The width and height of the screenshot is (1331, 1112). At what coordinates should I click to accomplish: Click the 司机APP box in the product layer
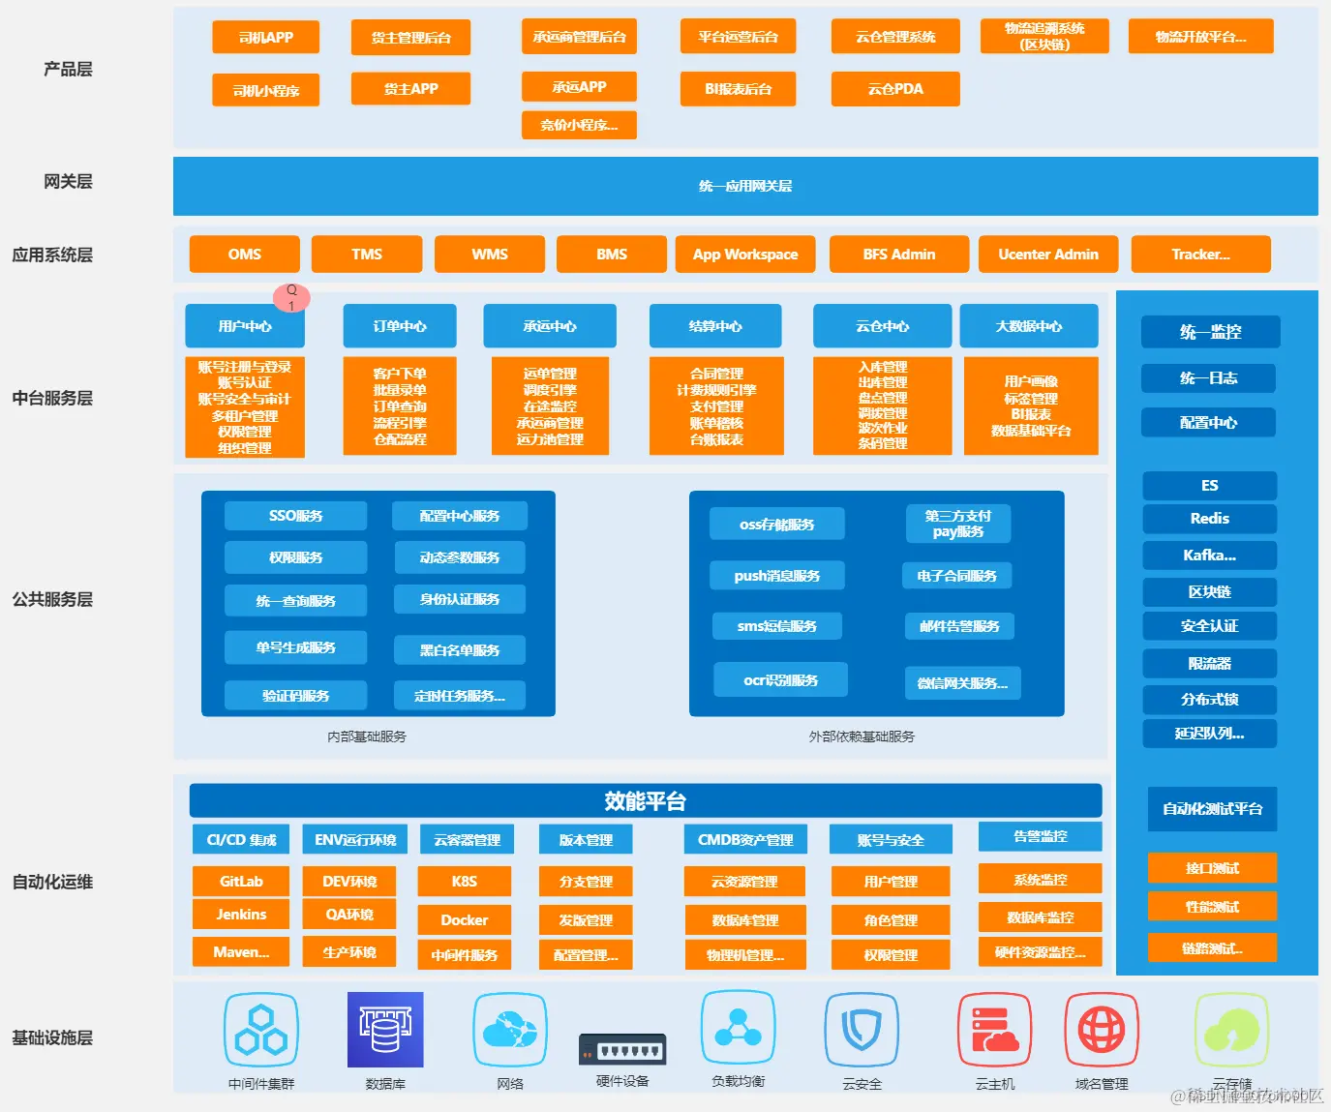click(x=266, y=38)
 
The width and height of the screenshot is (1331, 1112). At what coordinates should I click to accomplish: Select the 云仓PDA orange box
click(x=895, y=89)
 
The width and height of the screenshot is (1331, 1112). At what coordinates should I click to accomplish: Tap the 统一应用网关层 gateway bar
click(x=745, y=186)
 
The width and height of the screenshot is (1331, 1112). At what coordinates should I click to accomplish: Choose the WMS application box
click(x=490, y=255)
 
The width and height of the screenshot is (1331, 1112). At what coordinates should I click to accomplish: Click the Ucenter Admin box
click(x=1048, y=255)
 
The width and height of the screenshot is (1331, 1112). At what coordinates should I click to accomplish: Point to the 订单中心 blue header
click(x=400, y=326)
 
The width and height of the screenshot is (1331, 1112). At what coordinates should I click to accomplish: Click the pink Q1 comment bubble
click(x=291, y=297)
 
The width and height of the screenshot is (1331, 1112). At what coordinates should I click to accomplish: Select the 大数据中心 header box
click(x=1029, y=326)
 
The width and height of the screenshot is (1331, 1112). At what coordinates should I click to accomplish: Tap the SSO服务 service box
click(x=296, y=516)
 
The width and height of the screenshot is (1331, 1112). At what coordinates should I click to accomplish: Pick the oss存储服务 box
click(x=777, y=525)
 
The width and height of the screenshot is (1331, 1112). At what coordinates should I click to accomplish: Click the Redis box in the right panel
click(x=1210, y=519)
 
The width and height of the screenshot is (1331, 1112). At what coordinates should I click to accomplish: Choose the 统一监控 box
click(x=1210, y=332)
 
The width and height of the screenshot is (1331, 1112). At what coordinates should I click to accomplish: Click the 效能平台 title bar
click(x=646, y=801)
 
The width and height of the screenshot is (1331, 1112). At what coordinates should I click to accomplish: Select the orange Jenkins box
click(x=241, y=915)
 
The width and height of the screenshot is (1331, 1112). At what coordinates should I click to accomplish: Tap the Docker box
click(x=465, y=920)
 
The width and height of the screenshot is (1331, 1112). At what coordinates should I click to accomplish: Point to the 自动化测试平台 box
click(x=1213, y=809)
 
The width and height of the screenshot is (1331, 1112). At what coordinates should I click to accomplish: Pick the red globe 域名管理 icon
click(x=1102, y=1030)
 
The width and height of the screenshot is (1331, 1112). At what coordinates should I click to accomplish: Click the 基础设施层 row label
click(x=52, y=1037)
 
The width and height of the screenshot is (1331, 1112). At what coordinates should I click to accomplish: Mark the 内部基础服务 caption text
click(x=367, y=736)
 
